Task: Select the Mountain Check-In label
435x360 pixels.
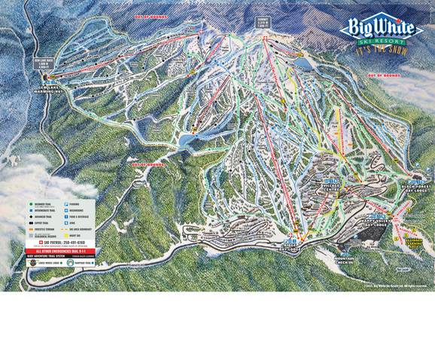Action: [x=345, y=260]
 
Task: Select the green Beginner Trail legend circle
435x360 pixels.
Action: [x=31, y=203]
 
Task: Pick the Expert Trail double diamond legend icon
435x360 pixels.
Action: [x=31, y=224]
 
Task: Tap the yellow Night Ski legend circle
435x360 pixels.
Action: [x=67, y=235]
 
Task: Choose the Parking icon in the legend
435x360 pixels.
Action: [x=67, y=203]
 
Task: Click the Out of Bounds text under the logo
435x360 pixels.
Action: [x=382, y=75]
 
